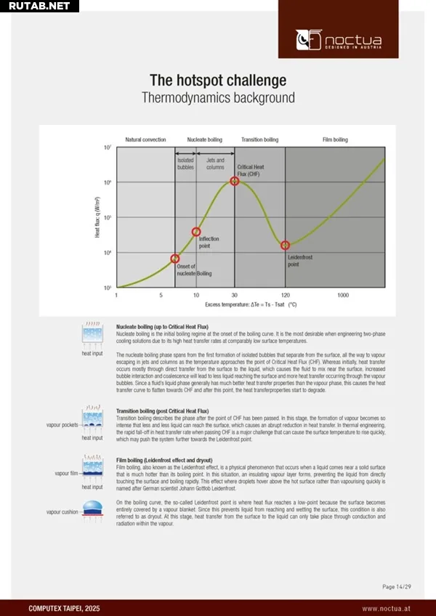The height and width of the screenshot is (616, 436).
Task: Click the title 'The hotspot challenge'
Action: tap(218, 80)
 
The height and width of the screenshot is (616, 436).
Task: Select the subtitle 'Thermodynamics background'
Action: tap(218, 97)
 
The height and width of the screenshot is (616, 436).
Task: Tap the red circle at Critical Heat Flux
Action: tap(235, 180)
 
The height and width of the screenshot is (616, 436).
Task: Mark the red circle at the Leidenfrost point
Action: tap(285, 246)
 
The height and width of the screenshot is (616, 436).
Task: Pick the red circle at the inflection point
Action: tap(196, 232)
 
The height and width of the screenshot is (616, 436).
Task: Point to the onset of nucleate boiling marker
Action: tap(175, 259)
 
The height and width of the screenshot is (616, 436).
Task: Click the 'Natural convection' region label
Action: tap(145, 139)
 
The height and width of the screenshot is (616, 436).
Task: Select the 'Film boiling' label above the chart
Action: tap(335, 139)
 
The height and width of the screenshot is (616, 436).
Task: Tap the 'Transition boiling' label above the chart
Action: tap(259, 139)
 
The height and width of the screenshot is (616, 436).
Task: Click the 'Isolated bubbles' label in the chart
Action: tap(185, 163)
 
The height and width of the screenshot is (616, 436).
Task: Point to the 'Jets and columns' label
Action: tap(215, 163)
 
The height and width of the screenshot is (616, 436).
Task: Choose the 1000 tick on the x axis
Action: tap(343, 296)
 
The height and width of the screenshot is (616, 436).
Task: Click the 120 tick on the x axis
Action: tap(285, 296)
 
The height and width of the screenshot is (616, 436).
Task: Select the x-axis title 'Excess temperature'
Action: tap(251, 305)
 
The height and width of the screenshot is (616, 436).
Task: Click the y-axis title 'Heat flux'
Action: tap(98, 218)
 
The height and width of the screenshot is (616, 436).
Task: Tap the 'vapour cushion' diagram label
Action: tap(62, 512)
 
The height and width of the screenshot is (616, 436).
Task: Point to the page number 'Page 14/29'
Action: tap(397, 586)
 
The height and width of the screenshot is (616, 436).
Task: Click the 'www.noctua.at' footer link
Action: tap(388, 608)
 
